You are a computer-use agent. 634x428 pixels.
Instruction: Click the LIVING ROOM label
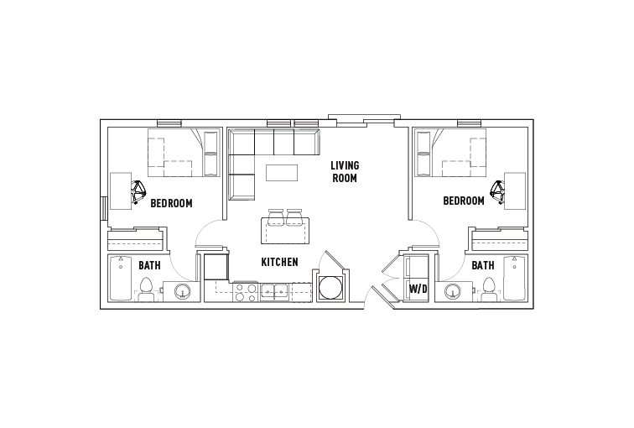344,171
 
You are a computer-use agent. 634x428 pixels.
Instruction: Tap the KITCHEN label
279,263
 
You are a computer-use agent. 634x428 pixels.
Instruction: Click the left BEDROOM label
171,203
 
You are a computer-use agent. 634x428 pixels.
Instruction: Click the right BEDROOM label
464,201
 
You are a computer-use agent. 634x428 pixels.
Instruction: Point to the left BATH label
149,266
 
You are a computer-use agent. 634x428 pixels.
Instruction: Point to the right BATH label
482,266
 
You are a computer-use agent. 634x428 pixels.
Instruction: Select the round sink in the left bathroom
183,292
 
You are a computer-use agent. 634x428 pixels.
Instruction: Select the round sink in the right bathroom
452,292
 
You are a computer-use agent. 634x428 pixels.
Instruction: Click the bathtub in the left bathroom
122,279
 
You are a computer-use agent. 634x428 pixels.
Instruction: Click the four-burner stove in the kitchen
245,292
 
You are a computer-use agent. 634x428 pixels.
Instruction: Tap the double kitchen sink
273,291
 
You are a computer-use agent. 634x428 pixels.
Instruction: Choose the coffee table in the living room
282,173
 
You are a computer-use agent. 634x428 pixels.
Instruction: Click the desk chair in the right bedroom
498,193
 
